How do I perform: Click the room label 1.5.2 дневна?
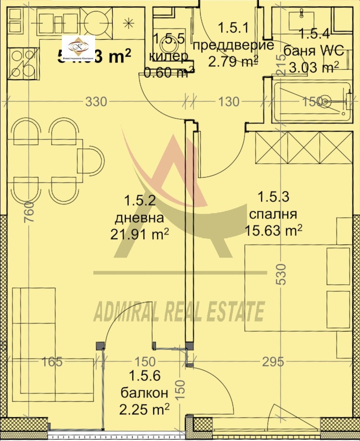coord(140,208)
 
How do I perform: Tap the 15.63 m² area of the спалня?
coord(273,230)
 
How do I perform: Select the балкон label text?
coord(144,392)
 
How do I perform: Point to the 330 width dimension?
coord(96,102)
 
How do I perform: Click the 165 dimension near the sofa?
coord(51,362)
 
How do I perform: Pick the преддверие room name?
coord(233,45)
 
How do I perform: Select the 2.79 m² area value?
coord(233,60)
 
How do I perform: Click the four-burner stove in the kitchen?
coord(22,64)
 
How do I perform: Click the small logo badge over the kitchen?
coord(78,48)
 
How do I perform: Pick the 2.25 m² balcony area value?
coord(144,408)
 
